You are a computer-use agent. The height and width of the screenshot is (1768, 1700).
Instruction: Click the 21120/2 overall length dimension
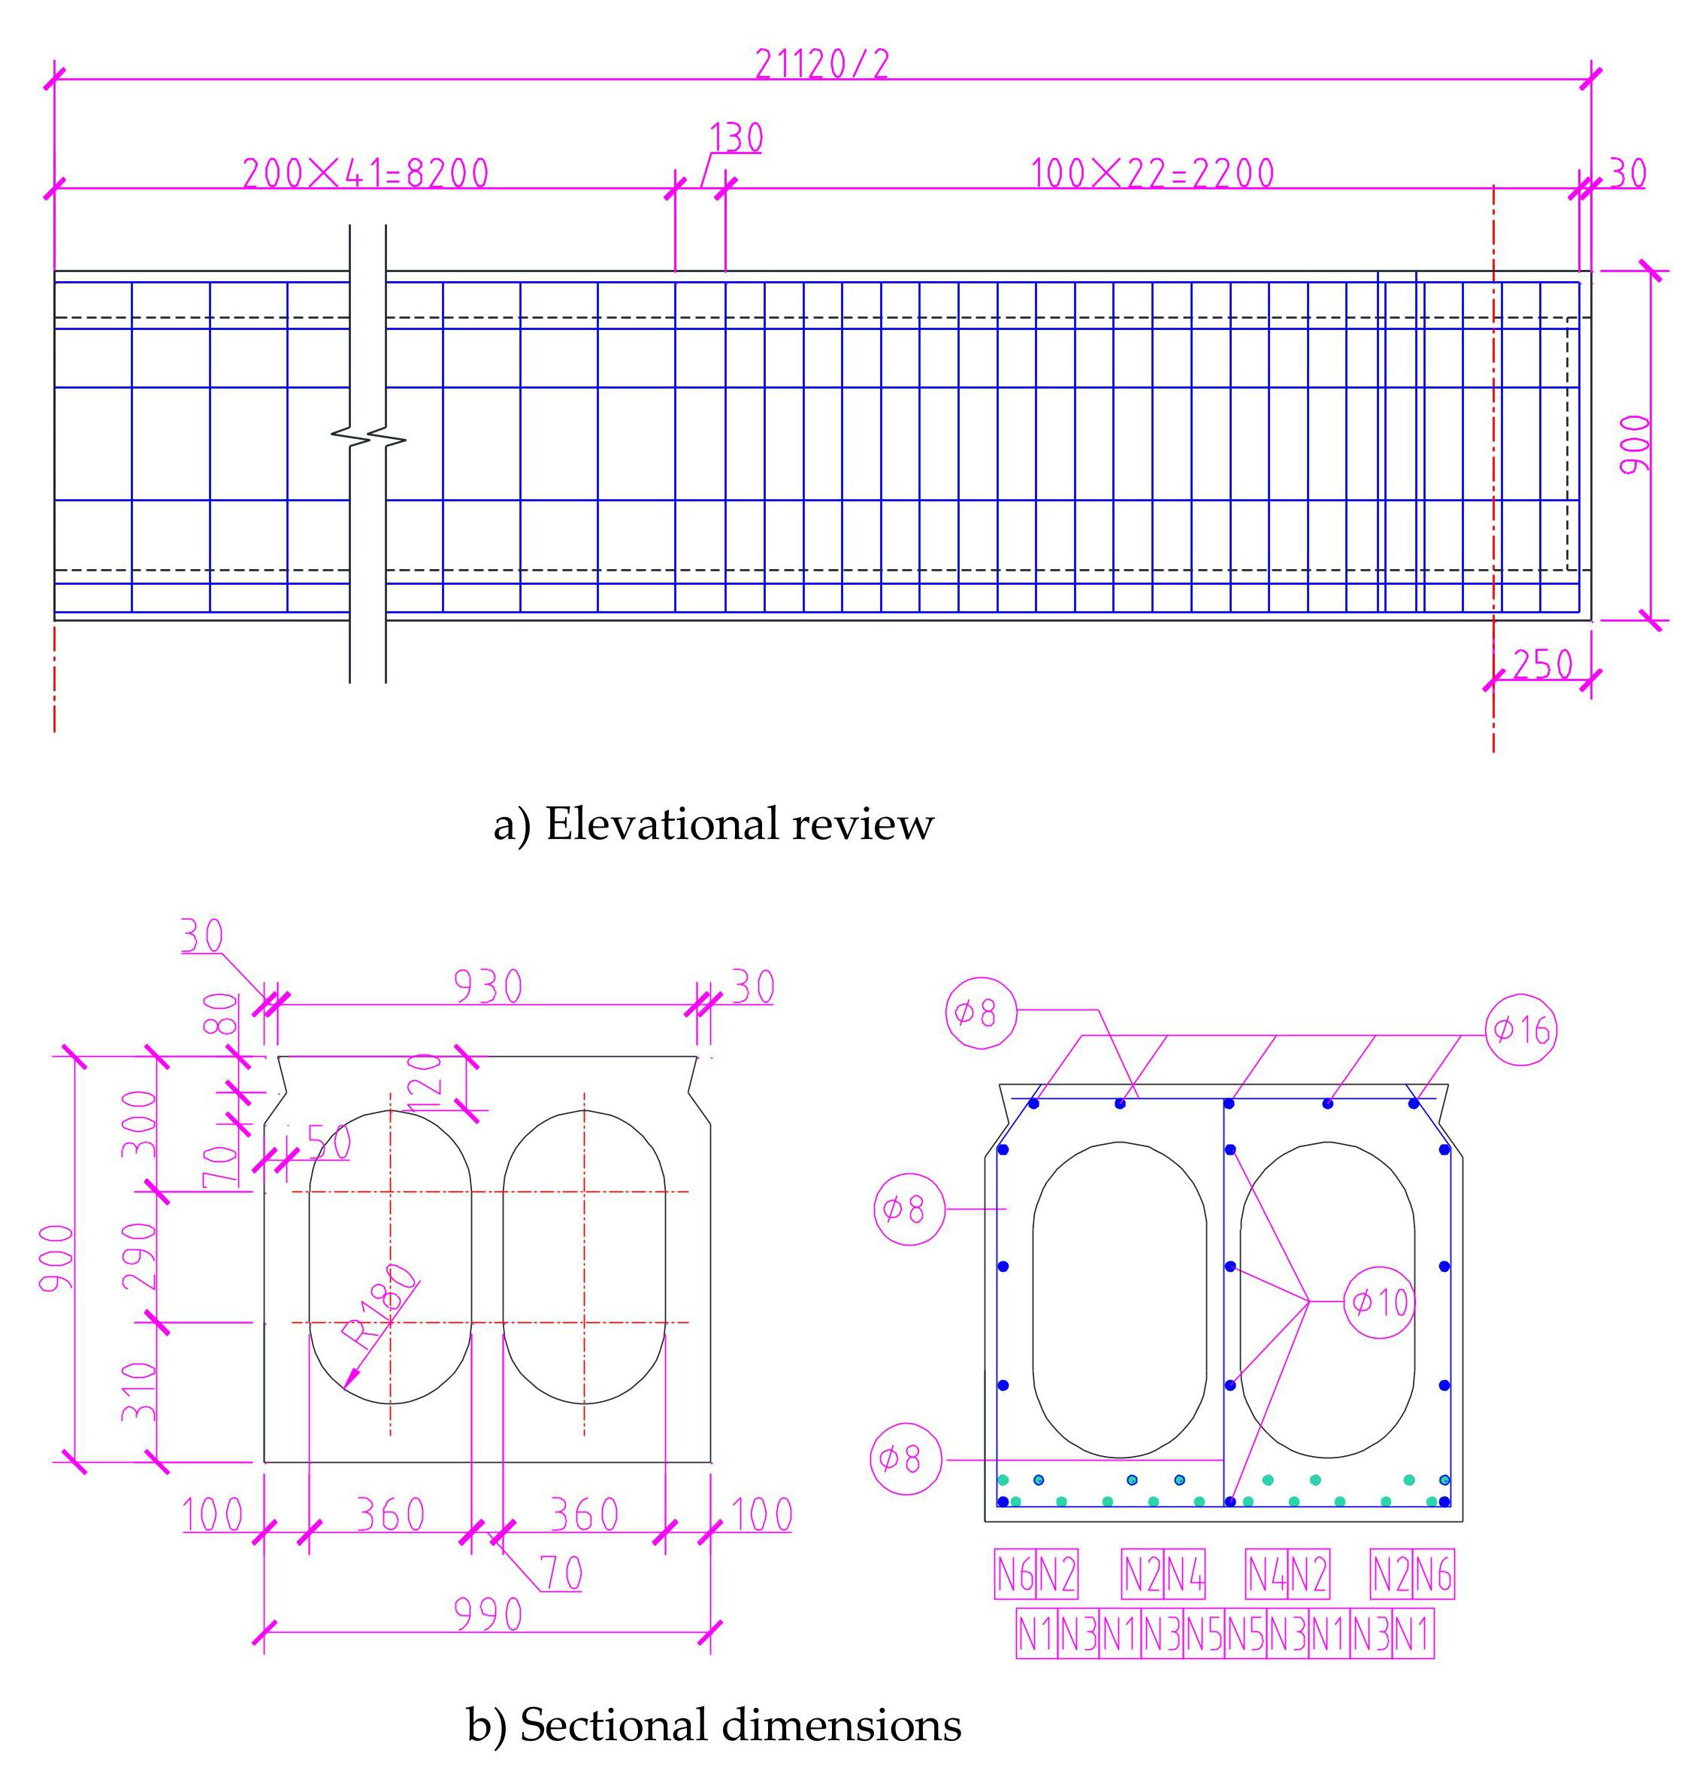pyautogui.click(x=821, y=64)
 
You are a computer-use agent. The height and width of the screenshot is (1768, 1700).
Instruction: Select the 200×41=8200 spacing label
pyautogui.click(x=365, y=172)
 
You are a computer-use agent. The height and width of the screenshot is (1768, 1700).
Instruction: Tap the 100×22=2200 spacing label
pyautogui.click(x=1153, y=172)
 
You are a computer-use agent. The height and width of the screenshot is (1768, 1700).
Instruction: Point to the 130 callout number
pyautogui.click(x=736, y=138)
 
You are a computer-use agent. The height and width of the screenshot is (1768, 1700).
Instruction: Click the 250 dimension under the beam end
pyautogui.click(x=1542, y=665)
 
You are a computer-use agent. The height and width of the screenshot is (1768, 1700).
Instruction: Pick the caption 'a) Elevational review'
pyautogui.click(x=712, y=825)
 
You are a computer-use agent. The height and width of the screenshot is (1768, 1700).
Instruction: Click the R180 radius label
pyautogui.click(x=380, y=1307)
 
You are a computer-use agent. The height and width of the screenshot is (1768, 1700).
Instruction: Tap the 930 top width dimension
pyautogui.click(x=487, y=987)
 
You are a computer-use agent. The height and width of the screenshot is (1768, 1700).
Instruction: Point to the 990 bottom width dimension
pyautogui.click(x=488, y=1615)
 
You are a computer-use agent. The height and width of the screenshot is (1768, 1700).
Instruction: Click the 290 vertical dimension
pyautogui.click(x=140, y=1257)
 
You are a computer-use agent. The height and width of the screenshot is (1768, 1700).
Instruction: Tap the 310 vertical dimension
pyautogui.click(x=140, y=1391)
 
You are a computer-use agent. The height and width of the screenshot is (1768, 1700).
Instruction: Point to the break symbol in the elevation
pyautogui.click(x=368, y=440)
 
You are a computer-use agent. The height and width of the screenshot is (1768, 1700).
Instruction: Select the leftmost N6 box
pyautogui.click(x=1015, y=1574)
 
